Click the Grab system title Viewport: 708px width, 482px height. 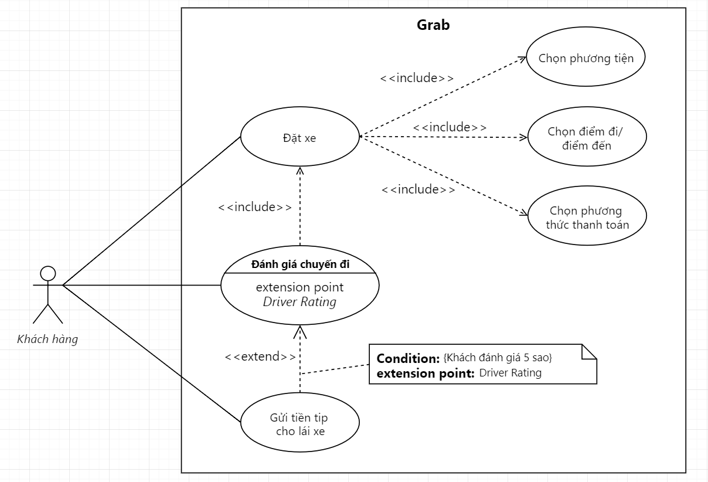pyautogui.click(x=433, y=25)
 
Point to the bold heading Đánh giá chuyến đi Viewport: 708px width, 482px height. pyautogui.click(x=300, y=264)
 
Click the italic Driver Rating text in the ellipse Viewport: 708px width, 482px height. pyautogui.click(x=299, y=302)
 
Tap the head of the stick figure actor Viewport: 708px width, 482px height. pyautogui.click(x=47, y=274)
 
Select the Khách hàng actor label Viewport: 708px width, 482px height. pyautogui.click(x=47, y=339)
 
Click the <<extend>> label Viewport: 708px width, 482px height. pyautogui.click(x=260, y=357)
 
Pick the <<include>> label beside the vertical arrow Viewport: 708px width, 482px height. pyautogui.click(x=255, y=207)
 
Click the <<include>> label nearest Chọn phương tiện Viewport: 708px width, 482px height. pyautogui.click(x=417, y=78)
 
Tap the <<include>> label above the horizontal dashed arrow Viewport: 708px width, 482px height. pyautogui.click(x=450, y=127)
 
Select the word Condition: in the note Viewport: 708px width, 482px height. pyautogui.click(x=408, y=358)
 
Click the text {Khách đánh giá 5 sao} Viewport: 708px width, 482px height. pyautogui.click(x=498, y=358)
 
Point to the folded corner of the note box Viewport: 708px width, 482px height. pyautogui.click(x=590, y=352)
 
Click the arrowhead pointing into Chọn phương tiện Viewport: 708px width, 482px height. pyautogui.click(x=522, y=59)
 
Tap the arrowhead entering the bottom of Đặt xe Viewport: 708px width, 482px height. pyautogui.click(x=300, y=171)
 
